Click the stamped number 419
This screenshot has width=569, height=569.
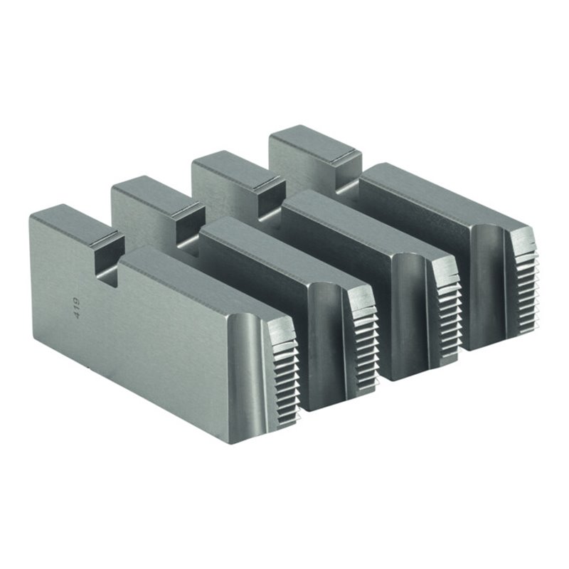[x=77, y=308]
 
